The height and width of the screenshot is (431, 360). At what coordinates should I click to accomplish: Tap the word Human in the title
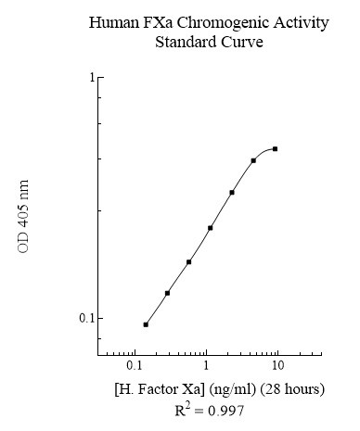[x=113, y=22]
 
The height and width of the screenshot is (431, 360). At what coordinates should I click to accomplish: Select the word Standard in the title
[x=186, y=42]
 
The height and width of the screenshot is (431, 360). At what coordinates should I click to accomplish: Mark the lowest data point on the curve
[x=146, y=324]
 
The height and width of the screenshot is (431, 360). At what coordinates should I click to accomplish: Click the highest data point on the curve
[x=276, y=148]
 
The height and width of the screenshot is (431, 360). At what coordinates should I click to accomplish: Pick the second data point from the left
[x=167, y=293]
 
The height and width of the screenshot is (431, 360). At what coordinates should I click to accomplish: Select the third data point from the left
[x=188, y=262]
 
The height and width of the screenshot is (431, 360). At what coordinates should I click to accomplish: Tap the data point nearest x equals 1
[x=210, y=228]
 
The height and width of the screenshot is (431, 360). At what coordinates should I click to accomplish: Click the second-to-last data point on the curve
[x=253, y=160]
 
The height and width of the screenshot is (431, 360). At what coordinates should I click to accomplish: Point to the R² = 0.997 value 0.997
[x=225, y=410]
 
